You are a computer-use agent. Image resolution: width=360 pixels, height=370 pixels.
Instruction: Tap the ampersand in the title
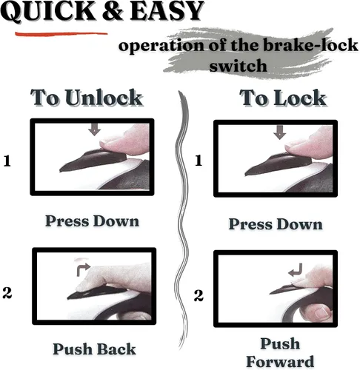pos(113,11)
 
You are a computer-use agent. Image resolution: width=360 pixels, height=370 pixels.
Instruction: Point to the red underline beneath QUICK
pos(61,33)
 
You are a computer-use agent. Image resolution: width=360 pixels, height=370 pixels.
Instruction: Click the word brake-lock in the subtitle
pos(310,45)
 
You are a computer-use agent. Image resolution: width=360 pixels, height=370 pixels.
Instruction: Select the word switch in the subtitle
pos(238,66)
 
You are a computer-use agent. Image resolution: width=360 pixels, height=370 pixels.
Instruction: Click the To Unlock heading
pos(87,98)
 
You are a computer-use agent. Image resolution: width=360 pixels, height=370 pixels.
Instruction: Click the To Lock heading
pos(283,98)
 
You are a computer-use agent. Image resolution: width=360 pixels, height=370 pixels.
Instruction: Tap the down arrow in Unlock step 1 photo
pos(94,129)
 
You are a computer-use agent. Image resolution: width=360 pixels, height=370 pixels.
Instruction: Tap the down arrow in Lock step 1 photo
pos(279,132)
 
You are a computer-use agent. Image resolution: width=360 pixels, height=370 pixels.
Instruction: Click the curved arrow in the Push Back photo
pos(83,269)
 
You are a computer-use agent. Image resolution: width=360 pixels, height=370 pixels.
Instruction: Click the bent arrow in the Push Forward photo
pos(296,270)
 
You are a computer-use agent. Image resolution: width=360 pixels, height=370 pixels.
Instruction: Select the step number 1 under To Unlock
pos(7,161)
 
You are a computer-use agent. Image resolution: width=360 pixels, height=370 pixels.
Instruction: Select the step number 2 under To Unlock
pos(7,293)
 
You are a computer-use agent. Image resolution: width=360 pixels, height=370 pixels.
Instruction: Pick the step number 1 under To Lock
pos(199,161)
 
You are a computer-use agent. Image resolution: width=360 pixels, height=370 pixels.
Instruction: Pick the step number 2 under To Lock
pos(199,295)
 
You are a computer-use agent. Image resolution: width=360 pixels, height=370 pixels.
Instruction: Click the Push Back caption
pos(94,349)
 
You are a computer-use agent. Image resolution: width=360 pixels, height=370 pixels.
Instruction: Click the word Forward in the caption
pos(280,362)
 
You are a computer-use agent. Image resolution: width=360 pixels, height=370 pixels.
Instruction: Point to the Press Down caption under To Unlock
pos(92,221)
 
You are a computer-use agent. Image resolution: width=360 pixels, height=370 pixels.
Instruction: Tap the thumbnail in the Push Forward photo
pos(322,312)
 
